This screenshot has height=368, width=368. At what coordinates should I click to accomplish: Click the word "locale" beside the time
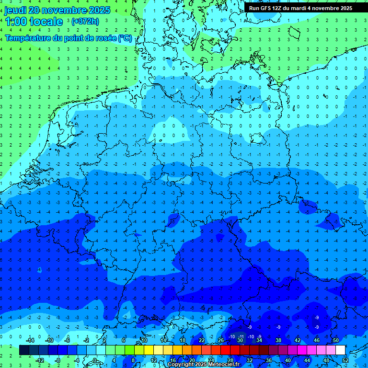tap(46, 22)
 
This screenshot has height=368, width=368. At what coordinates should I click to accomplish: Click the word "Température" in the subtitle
tap(27, 38)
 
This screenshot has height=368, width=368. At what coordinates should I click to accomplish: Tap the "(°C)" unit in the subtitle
tap(125, 38)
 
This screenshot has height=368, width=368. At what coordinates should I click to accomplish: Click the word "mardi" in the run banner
tap(303, 8)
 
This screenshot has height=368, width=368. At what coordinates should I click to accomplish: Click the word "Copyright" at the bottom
tap(181, 365)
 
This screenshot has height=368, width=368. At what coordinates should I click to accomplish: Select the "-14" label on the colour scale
tap(29, 340)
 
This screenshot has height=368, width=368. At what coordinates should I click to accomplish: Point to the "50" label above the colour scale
tap(335, 340)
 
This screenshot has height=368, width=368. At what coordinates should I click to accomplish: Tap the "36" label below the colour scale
tap(269, 360)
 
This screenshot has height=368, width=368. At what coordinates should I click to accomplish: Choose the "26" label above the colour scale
tap(220, 340)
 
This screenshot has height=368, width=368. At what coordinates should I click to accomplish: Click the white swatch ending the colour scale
tap(340, 350)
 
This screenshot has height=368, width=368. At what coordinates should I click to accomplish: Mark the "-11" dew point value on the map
tap(241, 337)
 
